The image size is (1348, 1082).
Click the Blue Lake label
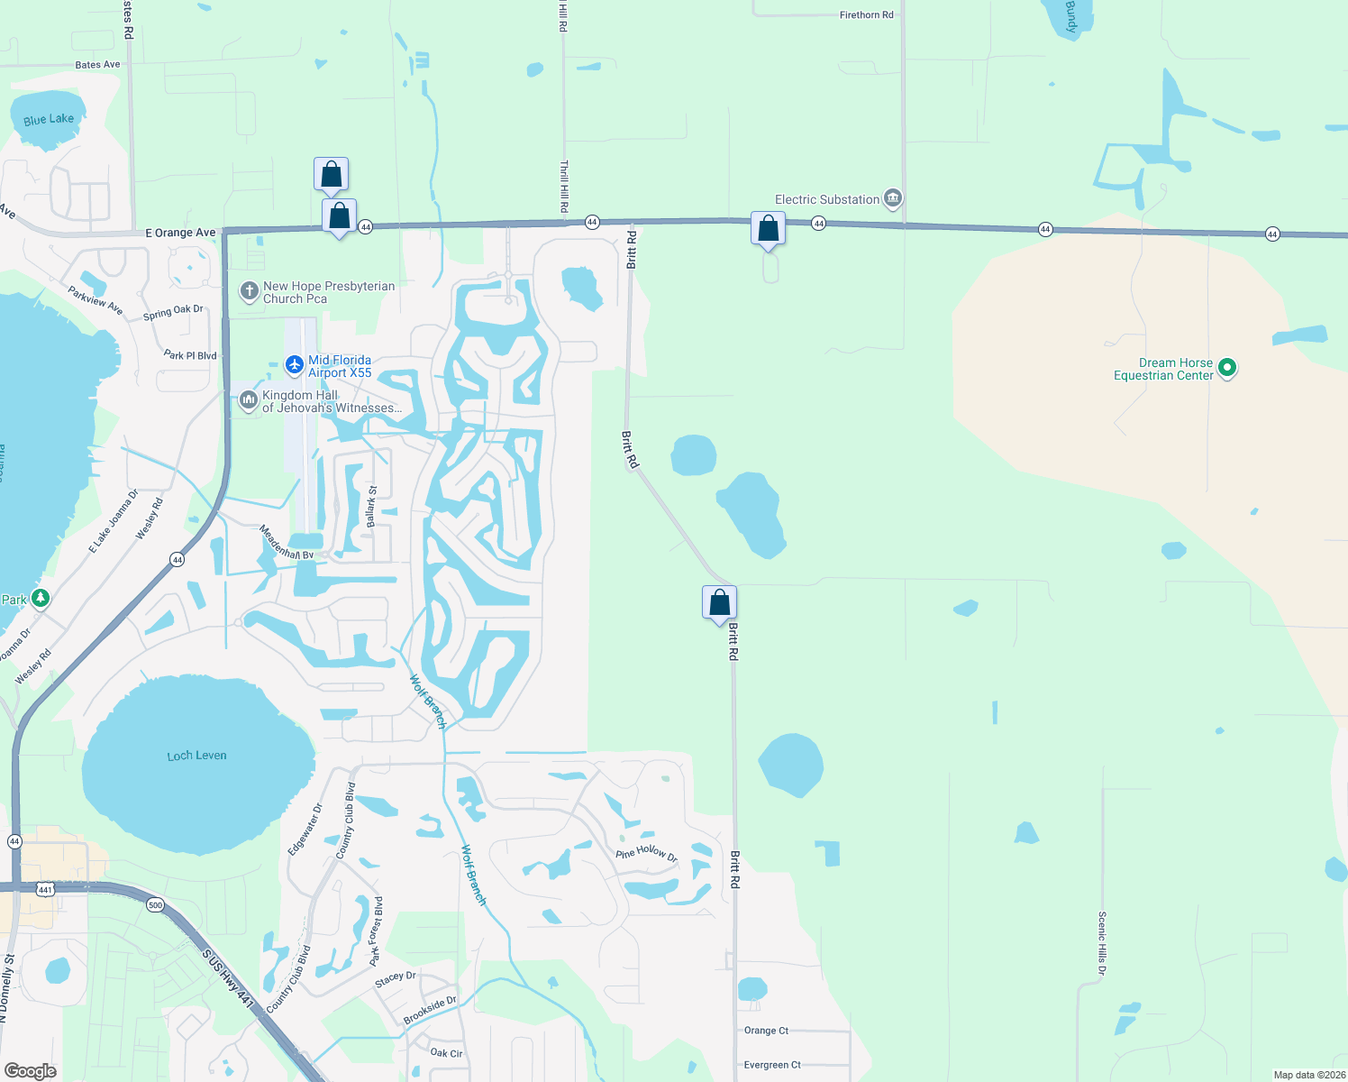[49, 119]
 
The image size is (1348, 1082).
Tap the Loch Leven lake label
[196, 756]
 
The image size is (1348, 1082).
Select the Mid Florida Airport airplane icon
[294, 365]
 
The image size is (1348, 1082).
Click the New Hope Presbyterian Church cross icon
[250, 291]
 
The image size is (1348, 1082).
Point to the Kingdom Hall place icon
[249, 400]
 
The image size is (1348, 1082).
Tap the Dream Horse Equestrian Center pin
[1226, 368]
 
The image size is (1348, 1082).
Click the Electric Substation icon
[892, 198]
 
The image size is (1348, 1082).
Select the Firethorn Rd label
[866, 15]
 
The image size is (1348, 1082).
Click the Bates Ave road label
[97, 65]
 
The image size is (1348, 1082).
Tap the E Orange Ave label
[181, 233]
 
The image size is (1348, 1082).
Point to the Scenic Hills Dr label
[1102, 943]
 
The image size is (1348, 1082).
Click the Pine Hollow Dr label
[646, 852]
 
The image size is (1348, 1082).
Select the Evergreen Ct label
[772, 1065]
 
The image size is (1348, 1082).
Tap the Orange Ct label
[766, 1031]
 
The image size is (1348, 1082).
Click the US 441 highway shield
[45, 889]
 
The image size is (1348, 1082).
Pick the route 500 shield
[155, 905]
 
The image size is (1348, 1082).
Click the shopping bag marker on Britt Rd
[719, 602]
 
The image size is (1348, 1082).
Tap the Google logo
[31, 1070]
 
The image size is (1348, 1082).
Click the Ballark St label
[371, 507]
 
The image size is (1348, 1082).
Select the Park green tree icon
[40, 598]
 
